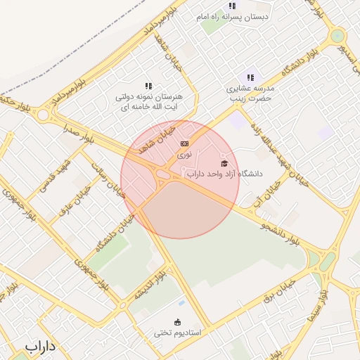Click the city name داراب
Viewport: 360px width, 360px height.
(x=40, y=347)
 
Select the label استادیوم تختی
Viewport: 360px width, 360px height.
(x=178, y=333)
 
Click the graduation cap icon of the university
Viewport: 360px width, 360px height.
(x=224, y=163)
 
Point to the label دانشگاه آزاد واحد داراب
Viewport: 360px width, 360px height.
(x=224, y=173)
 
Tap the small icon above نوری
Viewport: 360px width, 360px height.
(x=184, y=143)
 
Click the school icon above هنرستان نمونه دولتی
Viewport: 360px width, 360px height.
(x=148, y=86)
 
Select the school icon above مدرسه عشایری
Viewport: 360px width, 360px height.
(x=250, y=77)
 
